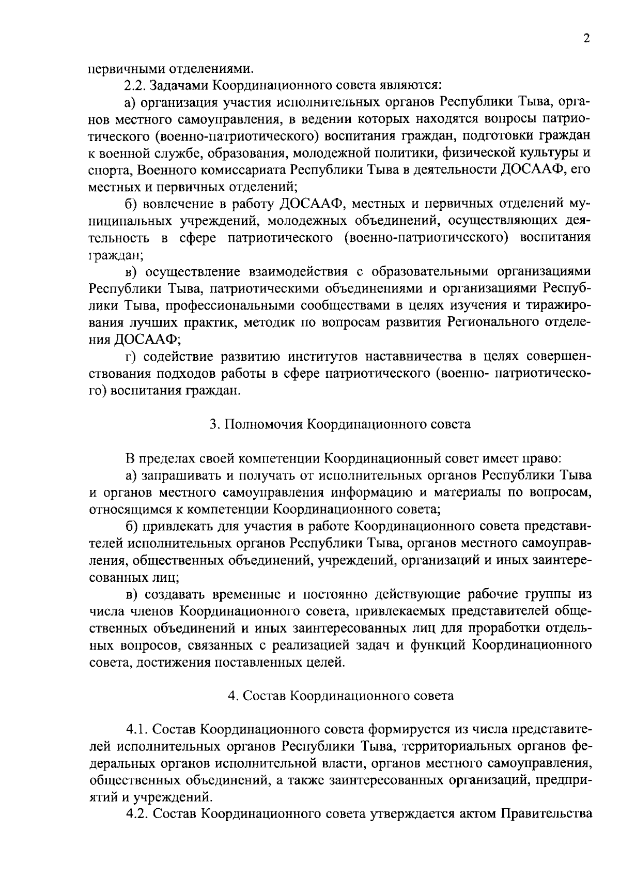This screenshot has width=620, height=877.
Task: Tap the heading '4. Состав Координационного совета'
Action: [x=340, y=696]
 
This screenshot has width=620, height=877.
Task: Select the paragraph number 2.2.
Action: [x=136, y=84]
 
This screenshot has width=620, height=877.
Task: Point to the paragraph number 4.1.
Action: [x=137, y=729]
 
